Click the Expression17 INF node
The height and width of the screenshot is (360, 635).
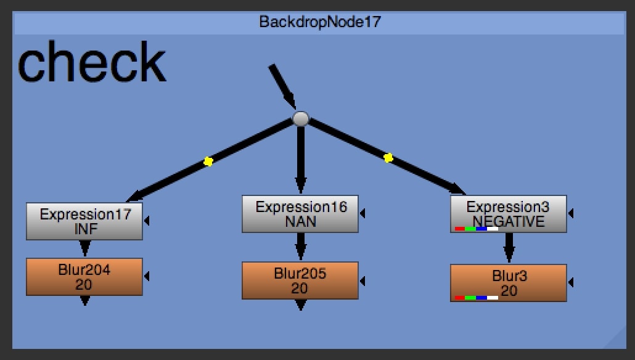[x=84, y=221]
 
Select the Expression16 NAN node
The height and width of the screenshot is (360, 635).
[x=300, y=214]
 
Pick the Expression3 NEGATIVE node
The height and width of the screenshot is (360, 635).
[x=508, y=213]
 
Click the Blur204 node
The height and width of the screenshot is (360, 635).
[x=84, y=277]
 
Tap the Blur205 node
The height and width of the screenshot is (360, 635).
[x=300, y=280]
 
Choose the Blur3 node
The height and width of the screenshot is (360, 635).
[x=508, y=282]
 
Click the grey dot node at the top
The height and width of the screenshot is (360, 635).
[x=300, y=119]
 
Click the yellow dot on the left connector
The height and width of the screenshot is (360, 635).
[x=208, y=162]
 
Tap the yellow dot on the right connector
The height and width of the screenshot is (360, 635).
[x=388, y=158]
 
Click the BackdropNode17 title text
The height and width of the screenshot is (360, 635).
[x=320, y=23]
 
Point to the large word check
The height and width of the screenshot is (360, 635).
[x=92, y=63]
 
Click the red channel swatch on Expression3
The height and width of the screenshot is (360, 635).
[x=460, y=229]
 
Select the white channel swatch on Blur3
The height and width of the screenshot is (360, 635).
[x=493, y=298]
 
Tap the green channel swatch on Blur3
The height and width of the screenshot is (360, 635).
[x=470, y=298]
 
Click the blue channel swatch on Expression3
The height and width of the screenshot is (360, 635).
[x=481, y=229]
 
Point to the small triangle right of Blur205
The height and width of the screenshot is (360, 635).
[x=363, y=280]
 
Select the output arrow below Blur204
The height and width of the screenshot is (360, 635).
[x=85, y=300]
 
